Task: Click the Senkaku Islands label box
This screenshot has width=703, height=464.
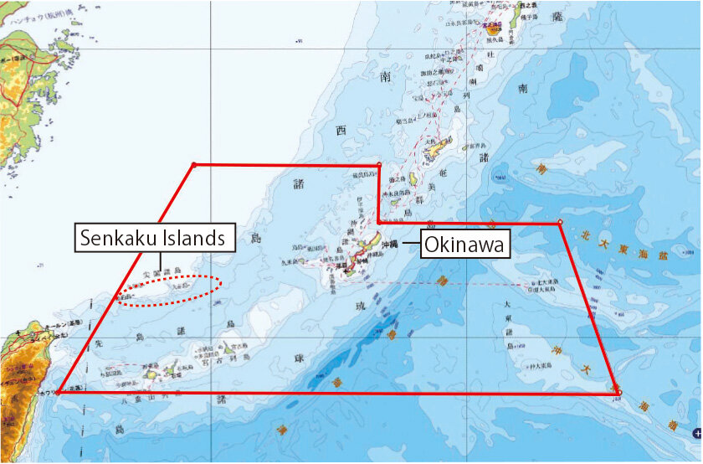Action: tap(153, 238)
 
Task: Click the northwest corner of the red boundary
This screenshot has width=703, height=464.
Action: tap(193, 164)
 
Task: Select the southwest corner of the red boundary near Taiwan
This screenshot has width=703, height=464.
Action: tap(59, 391)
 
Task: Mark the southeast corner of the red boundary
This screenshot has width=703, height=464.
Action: tap(618, 392)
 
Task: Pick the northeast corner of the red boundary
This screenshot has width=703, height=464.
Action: tap(559, 223)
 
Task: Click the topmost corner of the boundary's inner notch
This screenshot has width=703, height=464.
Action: tap(379, 164)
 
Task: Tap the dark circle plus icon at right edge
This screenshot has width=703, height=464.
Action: tap(696, 433)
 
